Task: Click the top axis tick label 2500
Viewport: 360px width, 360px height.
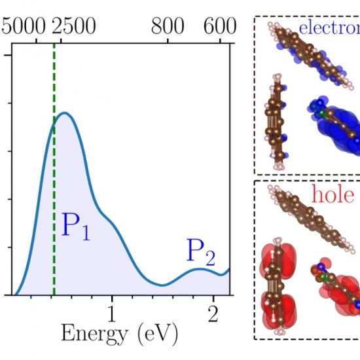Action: click(x=73, y=27)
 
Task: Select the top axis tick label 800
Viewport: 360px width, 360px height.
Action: click(x=168, y=27)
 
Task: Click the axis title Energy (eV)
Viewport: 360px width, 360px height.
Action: click(x=119, y=334)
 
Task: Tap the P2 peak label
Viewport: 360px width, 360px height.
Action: click(x=200, y=251)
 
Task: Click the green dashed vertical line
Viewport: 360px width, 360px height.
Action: click(x=54, y=196)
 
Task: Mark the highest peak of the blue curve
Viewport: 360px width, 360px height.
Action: click(x=63, y=113)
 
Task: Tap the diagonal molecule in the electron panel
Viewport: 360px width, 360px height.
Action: click(x=308, y=52)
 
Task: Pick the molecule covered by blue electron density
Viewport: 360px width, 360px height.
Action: click(x=333, y=124)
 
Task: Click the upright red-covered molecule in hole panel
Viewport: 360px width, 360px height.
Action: click(x=276, y=282)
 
